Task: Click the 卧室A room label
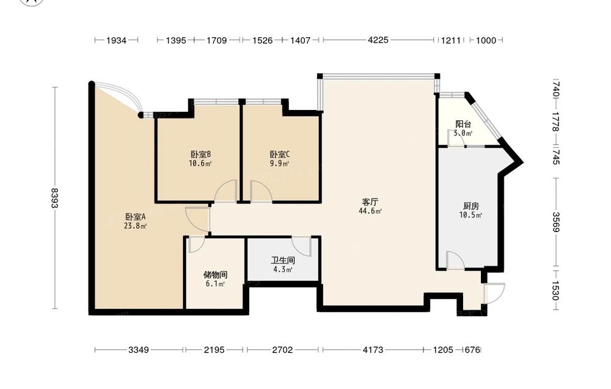pyautogui.click(x=135, y=217)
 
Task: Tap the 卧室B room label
pyautogui.click(x=200, y=155)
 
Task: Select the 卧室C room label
pyautogui.click(x=280, y=155)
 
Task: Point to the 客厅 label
pyautogui.click(x=370, y=202)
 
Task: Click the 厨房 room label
pyautogui.click(x=471, y=206)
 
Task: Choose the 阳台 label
pyautogui.click(x=463, y=124)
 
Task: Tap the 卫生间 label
pyautogui.click(x=283, y=260)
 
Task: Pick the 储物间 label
pyautogui.click(x=215, y=275)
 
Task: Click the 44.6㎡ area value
pyautogui.click(x=370, y=211)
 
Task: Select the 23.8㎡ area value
pyautogui.click(x=135, y=225)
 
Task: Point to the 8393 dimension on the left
pyautogui.click(x=54, y=198)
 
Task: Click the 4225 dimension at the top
pyautogui.click(x=378, y=40)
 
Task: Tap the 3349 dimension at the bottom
pyautogui.click(x=139, y=350)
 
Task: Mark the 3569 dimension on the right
pyautogui.click(x=556, y=222)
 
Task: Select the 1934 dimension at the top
pyautogui.click(x=116, y=40)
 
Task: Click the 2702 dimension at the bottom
pyautogui.click(x=282, y=350)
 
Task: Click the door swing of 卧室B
pyautogui.click(x=225, y=191)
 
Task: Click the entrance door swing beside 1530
pyautogui.click(x=494, y=293)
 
